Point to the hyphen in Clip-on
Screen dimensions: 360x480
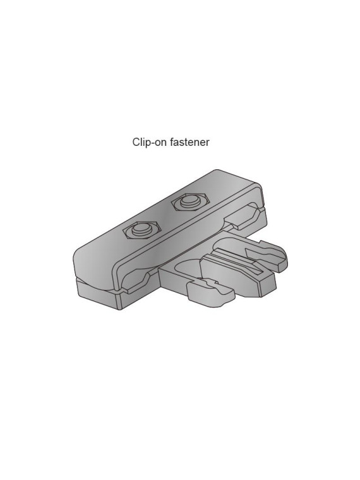(152, 143)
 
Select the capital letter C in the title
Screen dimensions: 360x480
(136, 142)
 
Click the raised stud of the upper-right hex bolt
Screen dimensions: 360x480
(189, 201)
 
